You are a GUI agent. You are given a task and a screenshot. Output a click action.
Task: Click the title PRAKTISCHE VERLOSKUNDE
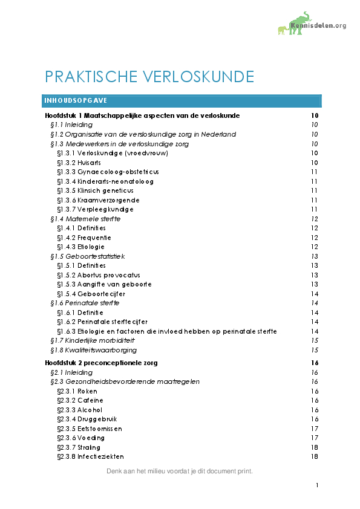pyautogui.click(x=149, y=77)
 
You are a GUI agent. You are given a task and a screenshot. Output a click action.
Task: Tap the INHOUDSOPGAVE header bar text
pyautogui.click(x=76, y=100)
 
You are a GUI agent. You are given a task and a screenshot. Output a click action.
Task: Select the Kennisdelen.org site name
pyautogui.click(x=318, y=25)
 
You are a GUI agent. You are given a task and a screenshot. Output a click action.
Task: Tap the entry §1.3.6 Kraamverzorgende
pyautogui.click(x=98, y=200)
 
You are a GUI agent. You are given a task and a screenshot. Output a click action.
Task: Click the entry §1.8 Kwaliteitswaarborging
pyautogui.click(x=93, y=350)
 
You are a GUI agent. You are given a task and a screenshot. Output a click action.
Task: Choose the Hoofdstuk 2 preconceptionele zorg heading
pyautogui.click(x=101, y=363)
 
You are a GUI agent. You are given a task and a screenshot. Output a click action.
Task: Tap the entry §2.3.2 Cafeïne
pyautogui.click(x=80, y=400)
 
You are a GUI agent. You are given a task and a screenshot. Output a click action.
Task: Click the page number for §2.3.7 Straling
pyautogui.click(x=314, y=447)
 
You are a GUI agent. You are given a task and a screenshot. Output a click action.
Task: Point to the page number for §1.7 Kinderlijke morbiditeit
pyautogui.click(x=314, y=341)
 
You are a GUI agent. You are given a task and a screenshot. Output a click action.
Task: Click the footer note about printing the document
pyautogui.click(x=179, y=471)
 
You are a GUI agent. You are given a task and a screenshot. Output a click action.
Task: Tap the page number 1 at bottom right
pyautogui.click(x=316, y=485)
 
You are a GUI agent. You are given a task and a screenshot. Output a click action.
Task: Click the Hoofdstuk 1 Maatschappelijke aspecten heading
pyautogui.click(x=142, y=115)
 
